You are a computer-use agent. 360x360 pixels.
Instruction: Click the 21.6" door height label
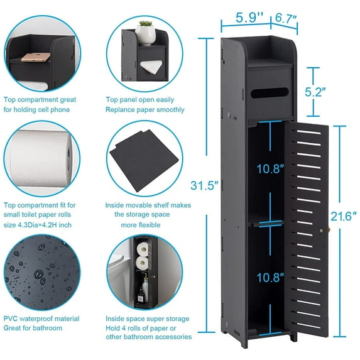(x=345, y=216)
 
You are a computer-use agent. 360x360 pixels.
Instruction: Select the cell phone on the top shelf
(x=35, y=58)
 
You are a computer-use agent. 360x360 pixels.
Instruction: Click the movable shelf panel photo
(x=144, y=160)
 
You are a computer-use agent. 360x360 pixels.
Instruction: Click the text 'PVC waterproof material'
(x=40, y=319)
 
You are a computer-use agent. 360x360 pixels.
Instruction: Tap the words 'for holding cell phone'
(x=38, y=109)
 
